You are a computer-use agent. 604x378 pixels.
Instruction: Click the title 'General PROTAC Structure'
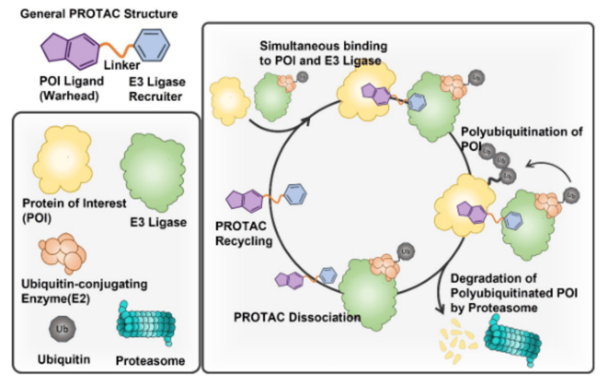coord(100,14)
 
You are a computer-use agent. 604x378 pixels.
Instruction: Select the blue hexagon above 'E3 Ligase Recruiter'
coord(152,45)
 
